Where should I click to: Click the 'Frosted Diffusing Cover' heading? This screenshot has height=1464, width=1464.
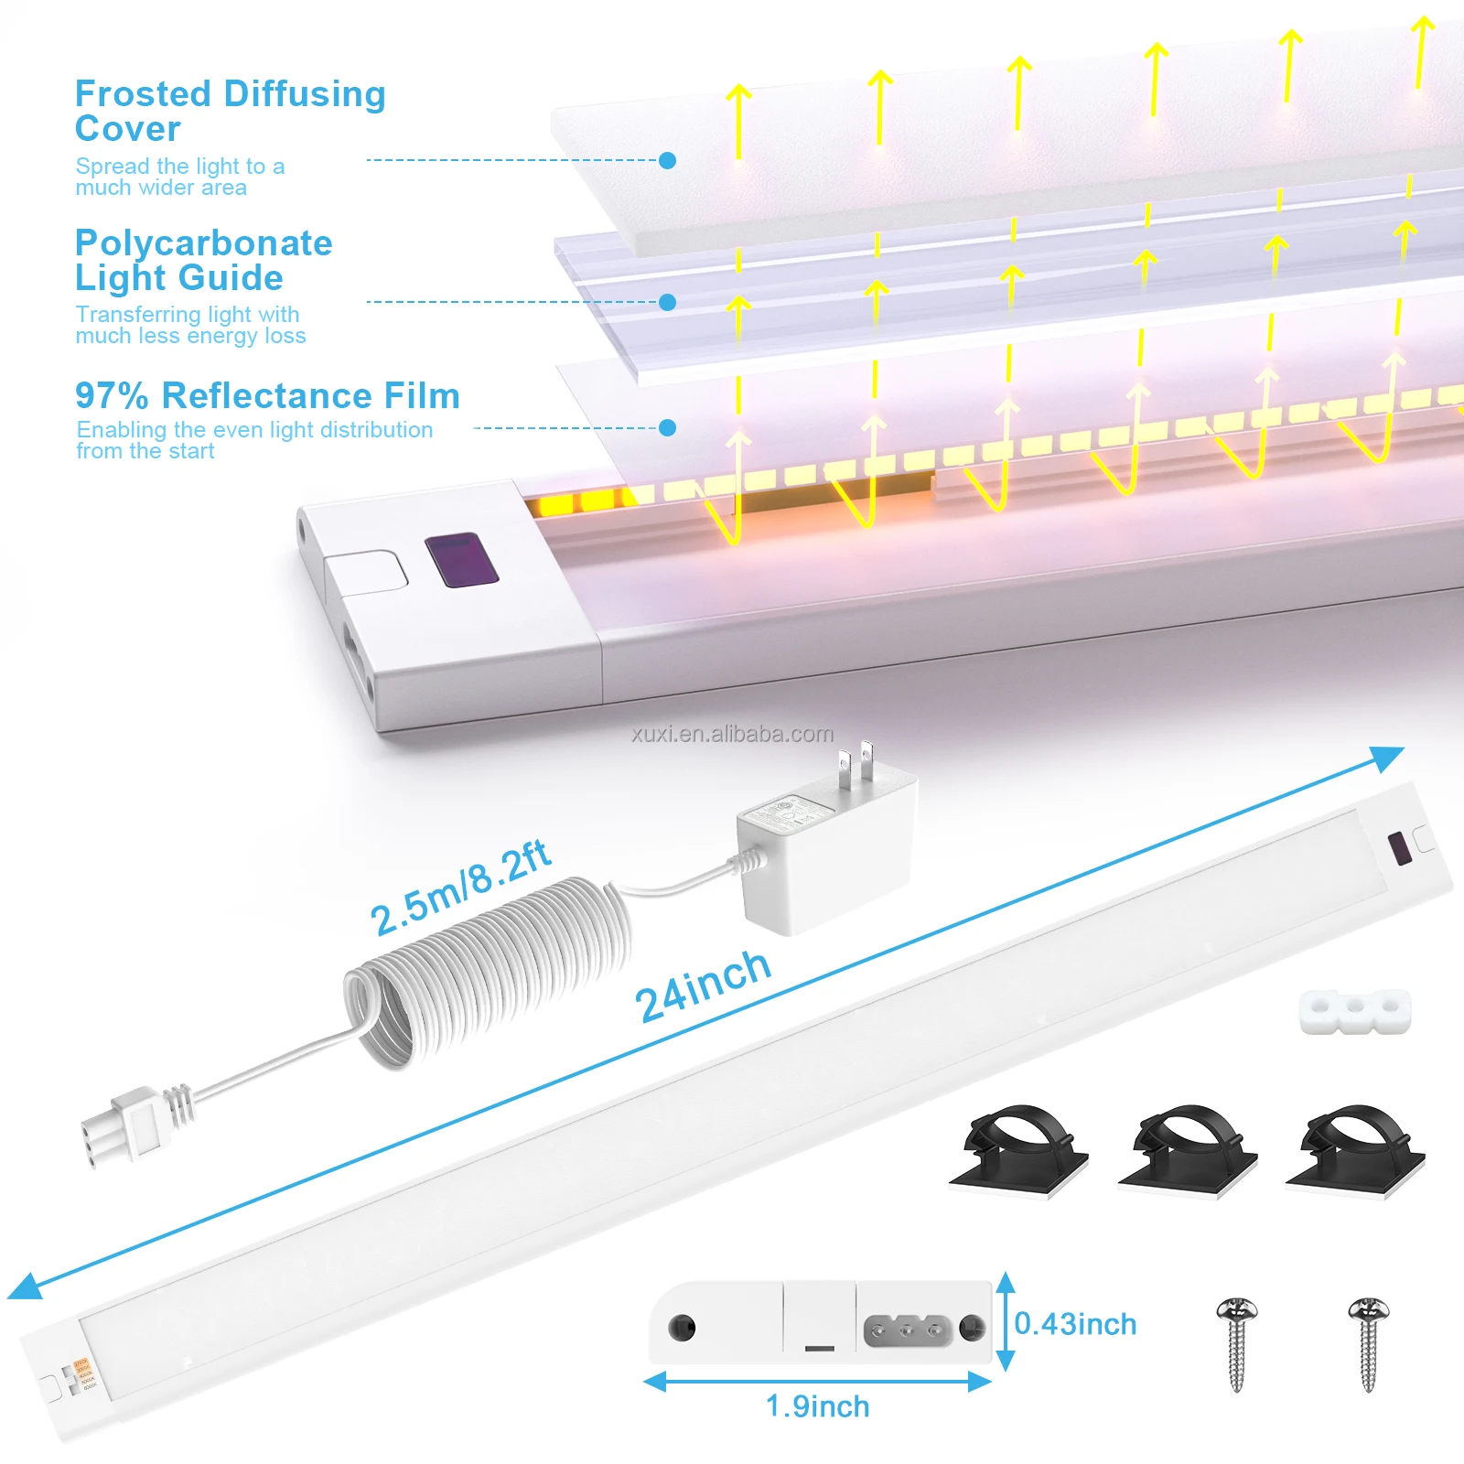click(230, 111)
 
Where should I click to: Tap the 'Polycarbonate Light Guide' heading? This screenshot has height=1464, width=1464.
click(203, 260)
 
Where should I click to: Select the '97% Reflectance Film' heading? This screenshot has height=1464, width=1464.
click(267, 396)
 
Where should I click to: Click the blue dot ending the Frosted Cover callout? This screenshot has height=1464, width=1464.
click(668, 161)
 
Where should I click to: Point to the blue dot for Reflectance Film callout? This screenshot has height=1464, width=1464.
click(668, 427)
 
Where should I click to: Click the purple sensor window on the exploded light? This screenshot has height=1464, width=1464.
click(462, 559)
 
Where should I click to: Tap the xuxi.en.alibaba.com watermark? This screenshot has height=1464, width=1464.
click(732, 734)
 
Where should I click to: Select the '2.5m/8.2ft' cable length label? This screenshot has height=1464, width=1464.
click(459, 887)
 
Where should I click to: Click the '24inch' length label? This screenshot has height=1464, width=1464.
click(703, 985)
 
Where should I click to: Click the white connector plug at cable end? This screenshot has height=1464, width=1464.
click(124, 1130)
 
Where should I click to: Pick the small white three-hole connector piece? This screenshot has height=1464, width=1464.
click(1354, 1010)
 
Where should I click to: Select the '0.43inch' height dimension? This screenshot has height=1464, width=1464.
click(1075, 1324)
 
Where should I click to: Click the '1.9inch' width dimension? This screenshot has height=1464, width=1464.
click(817, 1406)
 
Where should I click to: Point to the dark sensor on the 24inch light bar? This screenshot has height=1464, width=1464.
click(1398, 848)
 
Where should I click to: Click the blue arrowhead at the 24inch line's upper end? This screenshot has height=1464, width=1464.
click(1390, 756)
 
